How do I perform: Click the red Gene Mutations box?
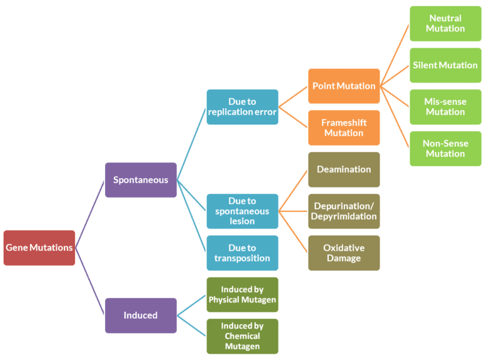39,247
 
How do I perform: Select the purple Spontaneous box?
140,180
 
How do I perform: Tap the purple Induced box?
140,315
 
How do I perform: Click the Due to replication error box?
242,107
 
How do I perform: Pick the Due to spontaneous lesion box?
242,211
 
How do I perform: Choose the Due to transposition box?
242,252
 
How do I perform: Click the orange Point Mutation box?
343,86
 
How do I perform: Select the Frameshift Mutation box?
343,127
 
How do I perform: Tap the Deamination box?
343,169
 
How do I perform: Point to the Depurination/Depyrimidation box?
343,211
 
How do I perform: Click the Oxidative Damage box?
343,252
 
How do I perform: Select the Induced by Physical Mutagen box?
242,294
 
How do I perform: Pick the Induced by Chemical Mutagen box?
242,336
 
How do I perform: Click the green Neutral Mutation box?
445,24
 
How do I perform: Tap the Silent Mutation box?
445,65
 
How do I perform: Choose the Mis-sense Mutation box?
445,107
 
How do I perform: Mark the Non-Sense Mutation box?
445,149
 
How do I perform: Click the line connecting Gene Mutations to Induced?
90,282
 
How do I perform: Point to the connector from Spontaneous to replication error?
191,144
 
